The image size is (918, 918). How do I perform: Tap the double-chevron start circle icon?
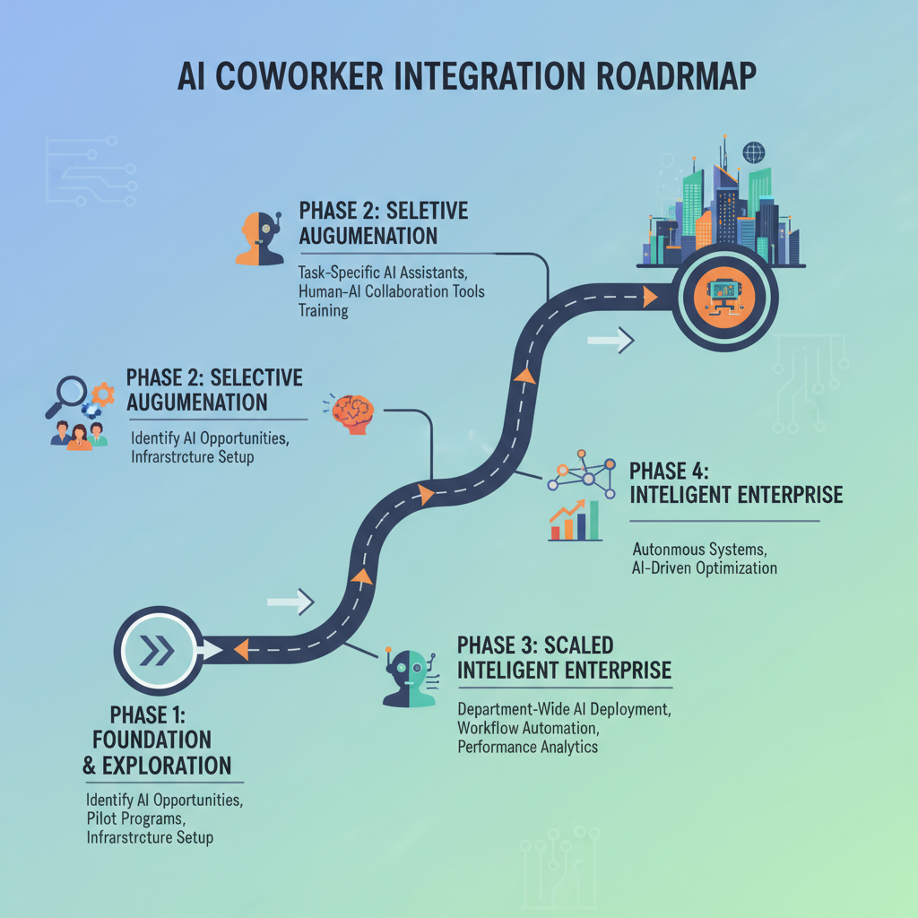[x=158, y=651]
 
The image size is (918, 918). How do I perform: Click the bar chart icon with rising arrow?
[x=575, y=521]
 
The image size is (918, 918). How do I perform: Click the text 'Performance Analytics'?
[x=527, y=747]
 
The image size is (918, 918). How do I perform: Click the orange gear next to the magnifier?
[x=103, y=392]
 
